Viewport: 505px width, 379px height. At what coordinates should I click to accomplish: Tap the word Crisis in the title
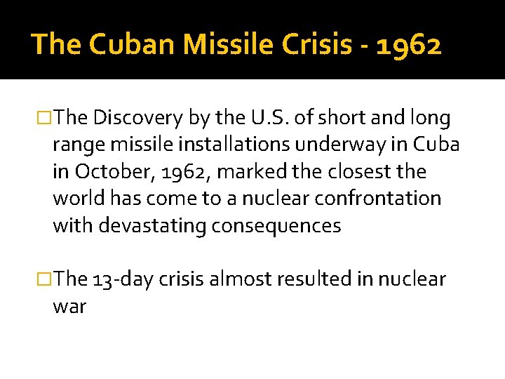310,46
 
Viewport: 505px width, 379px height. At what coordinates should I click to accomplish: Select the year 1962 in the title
408,46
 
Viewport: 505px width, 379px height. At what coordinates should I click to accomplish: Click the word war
69,306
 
